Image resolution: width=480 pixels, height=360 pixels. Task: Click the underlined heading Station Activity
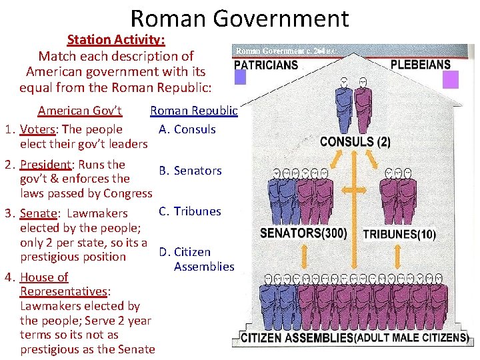[x=116, y=40]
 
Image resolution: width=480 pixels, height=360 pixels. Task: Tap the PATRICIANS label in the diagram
[x=266, y=65]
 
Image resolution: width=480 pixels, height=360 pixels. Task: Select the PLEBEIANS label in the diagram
[x=420, y=65]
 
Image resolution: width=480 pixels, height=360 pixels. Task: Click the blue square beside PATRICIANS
[x=240, y=78]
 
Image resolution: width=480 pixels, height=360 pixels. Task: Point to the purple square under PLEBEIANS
[x=451, y=80]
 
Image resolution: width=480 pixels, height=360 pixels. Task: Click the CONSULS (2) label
[x=355, y=141]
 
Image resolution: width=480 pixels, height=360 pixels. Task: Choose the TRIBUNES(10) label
[x=399, y=234]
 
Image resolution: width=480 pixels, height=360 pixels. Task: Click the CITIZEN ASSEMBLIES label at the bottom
[x=297, y=338]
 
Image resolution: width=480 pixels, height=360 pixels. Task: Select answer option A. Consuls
[x=187, y=129]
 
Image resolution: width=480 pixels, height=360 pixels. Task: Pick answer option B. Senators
[x=190, y=171]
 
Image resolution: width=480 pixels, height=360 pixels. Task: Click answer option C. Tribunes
[x=190, y=211]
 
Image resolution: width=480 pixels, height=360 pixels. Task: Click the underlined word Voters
[x=37, y=129]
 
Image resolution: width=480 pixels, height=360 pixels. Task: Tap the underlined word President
[x=45, y=164]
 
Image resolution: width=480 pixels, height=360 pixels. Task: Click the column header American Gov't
[x=79, y=111]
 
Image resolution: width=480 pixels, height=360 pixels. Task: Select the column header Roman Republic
[x=193, y=111]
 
